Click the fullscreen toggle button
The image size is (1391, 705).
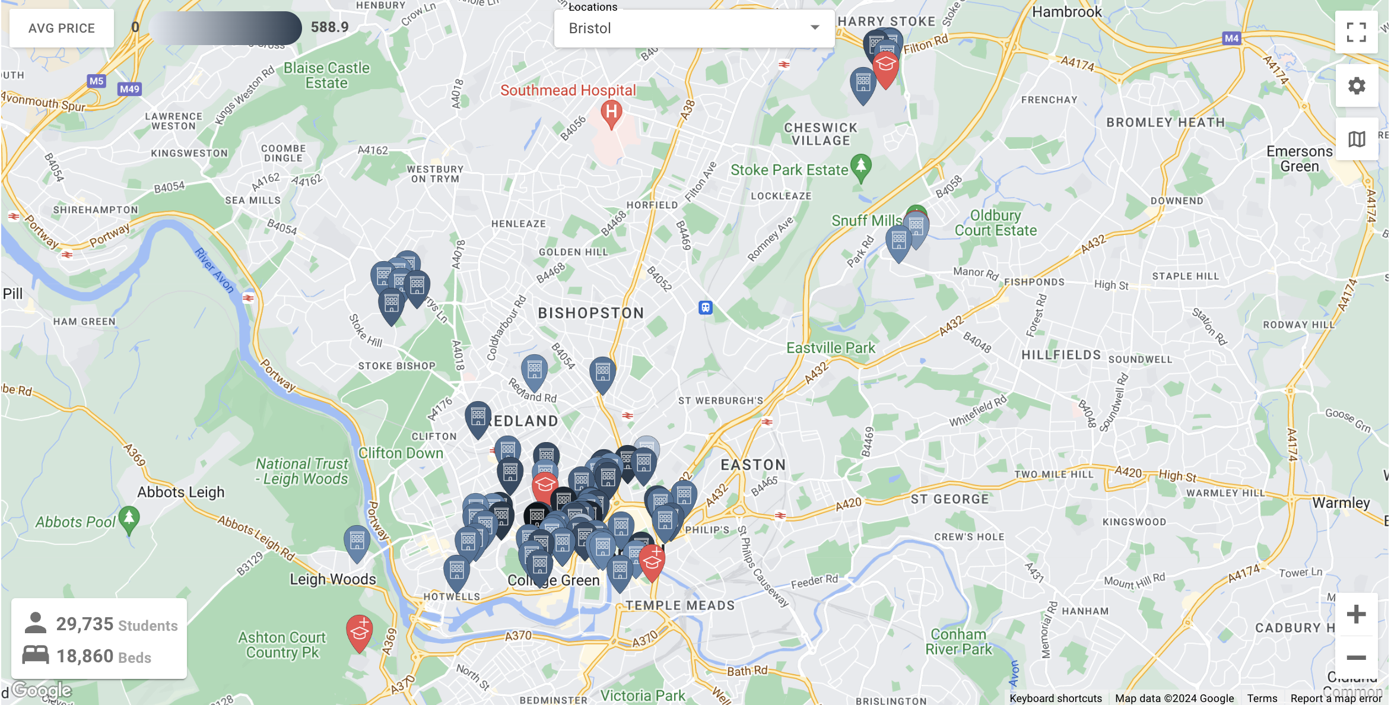[x=1356, y=33]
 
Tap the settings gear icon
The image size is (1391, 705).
[x=1356, y=86]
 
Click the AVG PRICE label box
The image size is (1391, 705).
[x=62, y=28]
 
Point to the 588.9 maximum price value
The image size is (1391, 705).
[x=329, y=27]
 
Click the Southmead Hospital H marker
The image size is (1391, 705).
[x=611, y=113]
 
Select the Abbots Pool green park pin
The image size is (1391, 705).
[x=129, y=519]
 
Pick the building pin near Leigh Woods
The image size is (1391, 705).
[x=357, y=542]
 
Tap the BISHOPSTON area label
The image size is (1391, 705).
[x=591, y=313]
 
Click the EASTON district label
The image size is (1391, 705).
[x=753, y=465]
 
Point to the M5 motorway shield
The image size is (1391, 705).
[x=96, y=81]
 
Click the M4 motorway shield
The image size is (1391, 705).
[x=1231, y=39]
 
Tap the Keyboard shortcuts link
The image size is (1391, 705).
[x=1056, y=698]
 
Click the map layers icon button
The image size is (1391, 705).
[x=1356, y=139]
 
